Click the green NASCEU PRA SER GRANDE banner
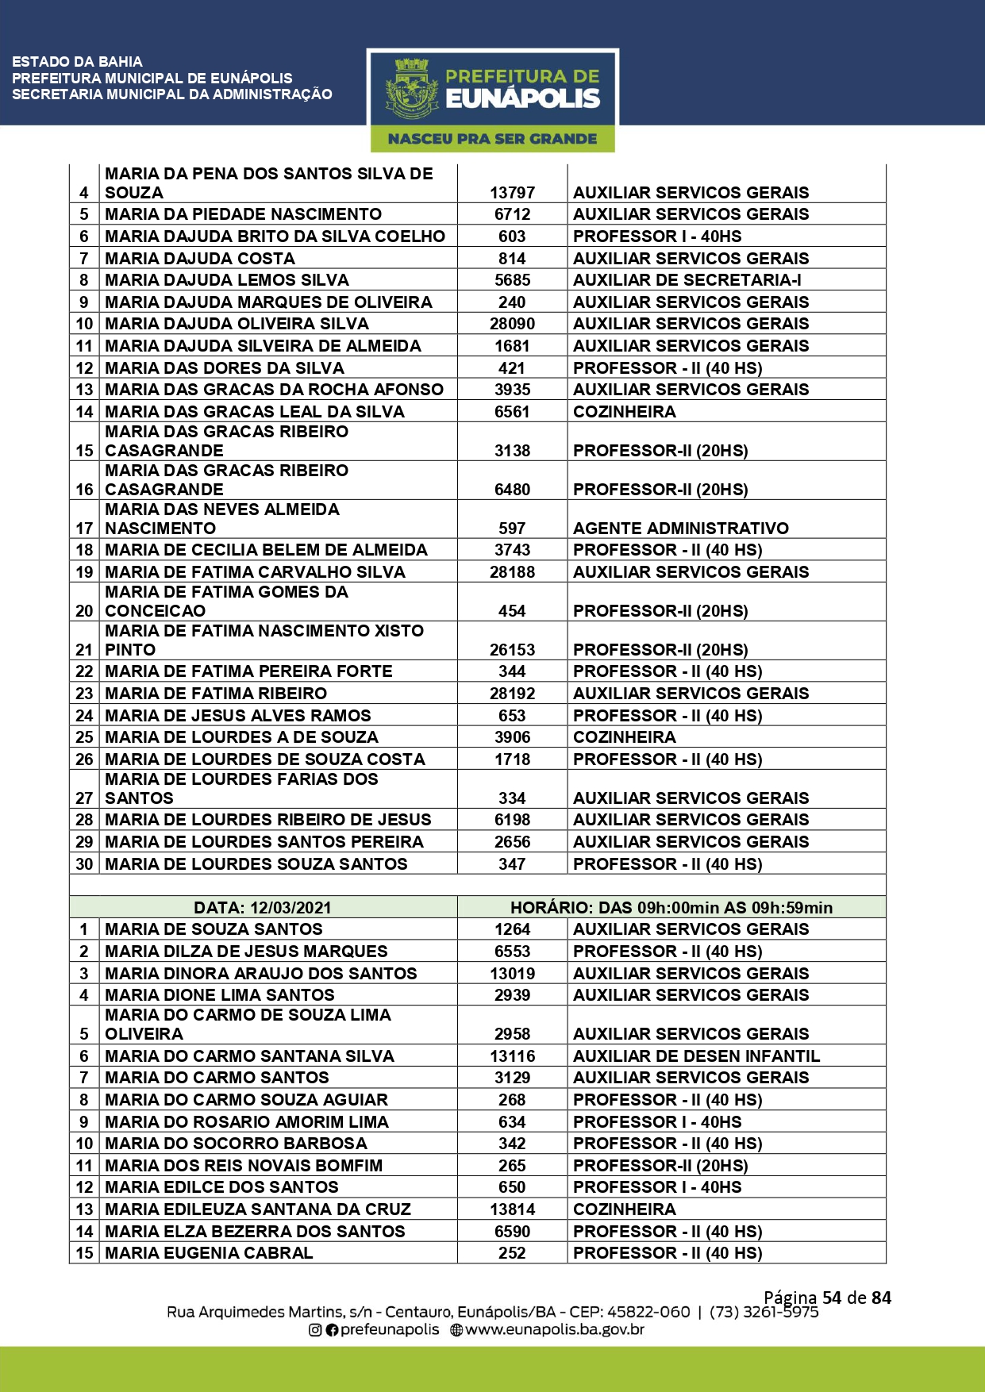click(x=492, y=139)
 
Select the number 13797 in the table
click(x=512, y=193)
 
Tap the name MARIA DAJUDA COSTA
click(x=200, y=259)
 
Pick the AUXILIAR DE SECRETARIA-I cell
click(x=687, y=280)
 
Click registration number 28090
click(x=512, y=324)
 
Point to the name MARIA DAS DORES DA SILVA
click(x=225, y=368)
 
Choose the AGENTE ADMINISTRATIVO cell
click(x=680, y=529)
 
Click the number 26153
click(x=512, y=650)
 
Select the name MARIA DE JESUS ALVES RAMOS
click(x=238, y=716)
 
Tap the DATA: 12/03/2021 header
click(x=263, y=908)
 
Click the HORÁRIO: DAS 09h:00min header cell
click(x=671, y=908)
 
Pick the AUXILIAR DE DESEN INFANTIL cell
click(x=696, y=1056)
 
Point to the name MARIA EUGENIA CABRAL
click(x=209, y=1253)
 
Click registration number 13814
click(x=512, y=1209)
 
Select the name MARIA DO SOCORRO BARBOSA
click(x=236, y=1144)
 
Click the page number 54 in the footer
click(x=831, y=1298)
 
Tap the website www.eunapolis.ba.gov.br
click(x=554, y=1329)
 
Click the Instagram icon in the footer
click(x=315, y=1330)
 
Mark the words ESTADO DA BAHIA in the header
click(x=77, y=62)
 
